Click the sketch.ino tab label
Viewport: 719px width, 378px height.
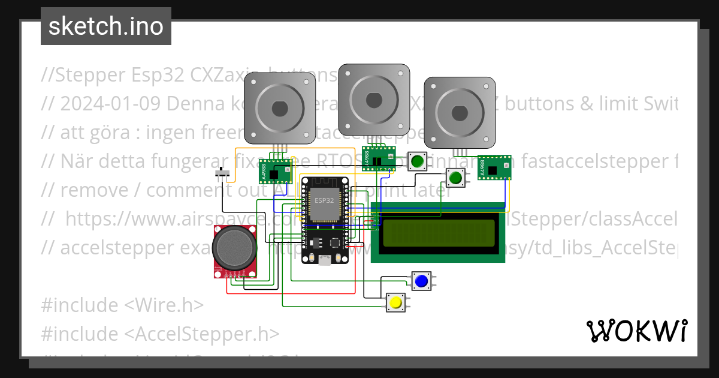pos(106,26)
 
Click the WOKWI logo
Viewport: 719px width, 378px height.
pos(636,331)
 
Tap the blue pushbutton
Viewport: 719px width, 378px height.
pos(421,280)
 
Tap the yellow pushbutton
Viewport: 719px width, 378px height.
pos(395,303)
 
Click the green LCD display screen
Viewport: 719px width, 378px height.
pos(439,233)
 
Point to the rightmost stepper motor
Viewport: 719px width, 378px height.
pos(460,112)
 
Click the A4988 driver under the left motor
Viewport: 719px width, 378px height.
pos(275,172)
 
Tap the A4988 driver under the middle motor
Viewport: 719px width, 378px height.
pos(378,158)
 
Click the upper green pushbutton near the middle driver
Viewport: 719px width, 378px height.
pos(417,161)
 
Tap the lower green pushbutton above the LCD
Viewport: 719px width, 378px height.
pos(456,178)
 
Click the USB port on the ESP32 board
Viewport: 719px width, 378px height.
pos(324,260)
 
